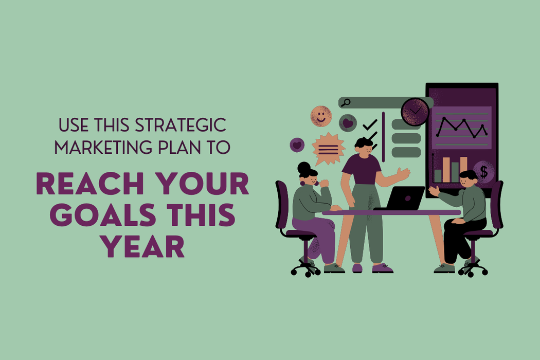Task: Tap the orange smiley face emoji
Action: pyautogui.click(x=321, y=116)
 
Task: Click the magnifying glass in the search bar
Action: pyautogui.click(x=346, y=103)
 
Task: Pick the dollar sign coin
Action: pyautogui.click(x=483, y=172)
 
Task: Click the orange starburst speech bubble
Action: pyautogui.click(x=329, y=149)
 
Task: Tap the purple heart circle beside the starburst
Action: pyautogui.click(x=297, y=145)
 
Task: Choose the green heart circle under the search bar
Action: pyautogui.click(x=348, y=123)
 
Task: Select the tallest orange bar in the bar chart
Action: pyautogui.click(x=446, y=170)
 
